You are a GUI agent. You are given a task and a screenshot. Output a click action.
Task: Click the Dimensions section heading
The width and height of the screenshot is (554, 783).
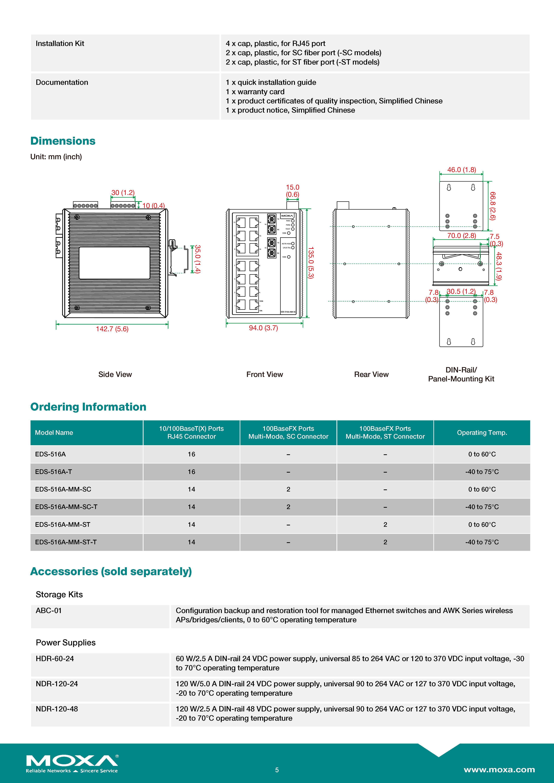pyautogui.click(x=63, y=141)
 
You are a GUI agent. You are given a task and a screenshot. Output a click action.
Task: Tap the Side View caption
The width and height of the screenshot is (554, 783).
pyautogui.click(x=115, y=374)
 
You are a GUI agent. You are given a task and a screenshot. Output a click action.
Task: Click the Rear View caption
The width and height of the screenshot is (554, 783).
pyautogui.click(x=371, y=374)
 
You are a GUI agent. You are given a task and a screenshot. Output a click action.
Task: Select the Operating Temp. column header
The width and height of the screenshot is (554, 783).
pyautogui.click(x=482, y=432)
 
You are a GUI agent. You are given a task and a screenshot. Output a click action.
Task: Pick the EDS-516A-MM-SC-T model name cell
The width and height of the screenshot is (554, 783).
pyautogui.click(x=66, y=507)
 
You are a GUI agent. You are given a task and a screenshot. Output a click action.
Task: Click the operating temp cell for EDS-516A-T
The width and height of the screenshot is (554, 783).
pyautogui.click(x=482, y=472)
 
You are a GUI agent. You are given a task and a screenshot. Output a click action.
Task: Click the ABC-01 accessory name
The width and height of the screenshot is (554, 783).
pyautogui.click(x=49, y=610)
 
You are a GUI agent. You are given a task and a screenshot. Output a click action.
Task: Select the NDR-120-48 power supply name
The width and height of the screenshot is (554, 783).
pyautogui.click(x=57, y=709)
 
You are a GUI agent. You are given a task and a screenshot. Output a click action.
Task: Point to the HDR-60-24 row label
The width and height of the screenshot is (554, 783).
pyautogui.click(x=55, y=658)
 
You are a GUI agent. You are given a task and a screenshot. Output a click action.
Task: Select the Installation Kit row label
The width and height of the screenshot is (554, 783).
pyautogui.click(x=60, y=44)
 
